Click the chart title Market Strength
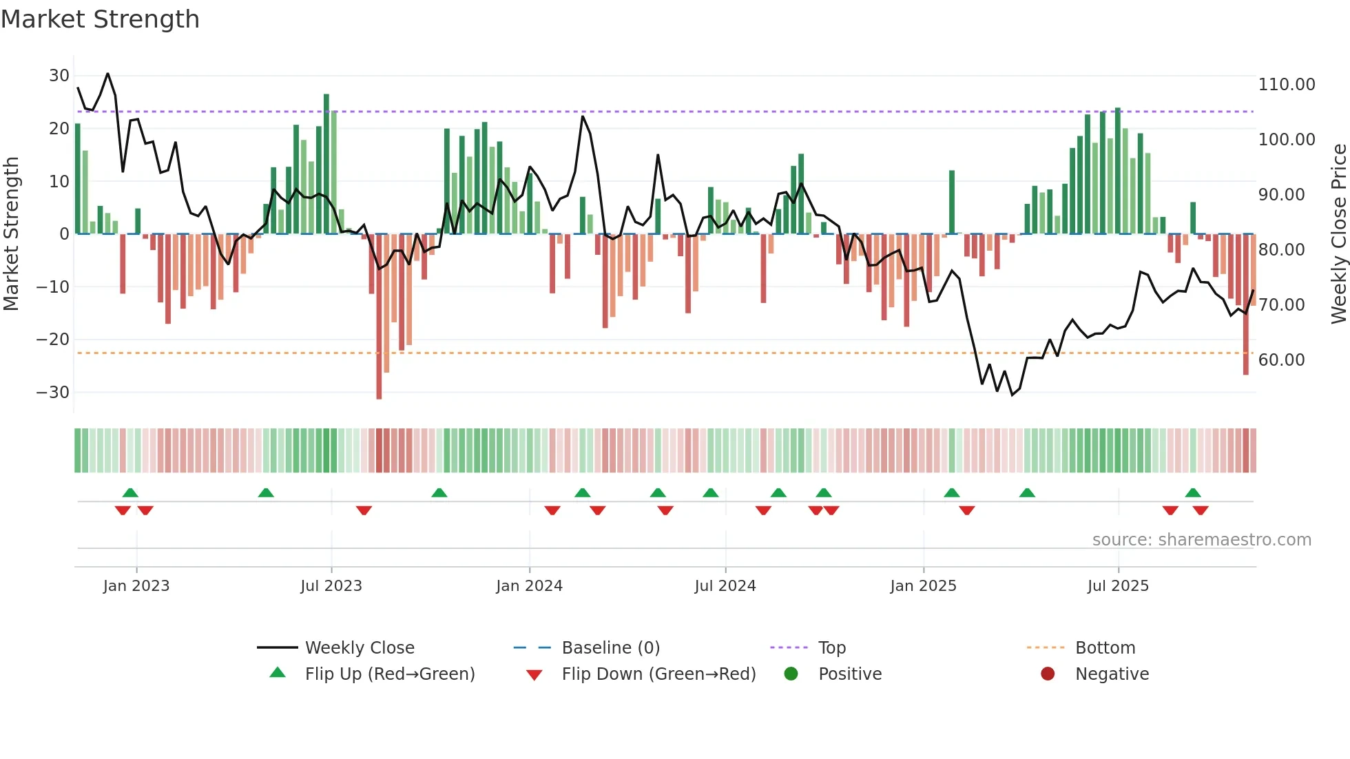click(x=100, y=19)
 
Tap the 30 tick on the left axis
click(x=59, y=76)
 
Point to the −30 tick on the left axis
click(x=53, y=393)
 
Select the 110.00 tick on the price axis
click(x=1286, y=85)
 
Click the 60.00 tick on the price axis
click(x=1281, y=360)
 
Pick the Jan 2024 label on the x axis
click(x=529, y=586)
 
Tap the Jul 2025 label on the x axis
click(x=1118, y=586)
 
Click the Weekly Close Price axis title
click(x=1338, y=233)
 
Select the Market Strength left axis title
click(x=12, y=233)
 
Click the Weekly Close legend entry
click(x=360, y=648)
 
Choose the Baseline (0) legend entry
click(x=610, y=648)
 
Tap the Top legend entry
click(x=831, y=648)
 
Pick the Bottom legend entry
click(x=1105, y=648)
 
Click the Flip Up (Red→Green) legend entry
click(x=390, y=674)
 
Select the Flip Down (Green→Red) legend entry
click(x=658, y=674)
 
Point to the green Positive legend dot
click(x=791, y=674)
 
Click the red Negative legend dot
click(x=1048, y=674)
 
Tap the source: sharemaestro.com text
click(x=1201, y=540)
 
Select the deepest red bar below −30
click(x=379, y=317)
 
